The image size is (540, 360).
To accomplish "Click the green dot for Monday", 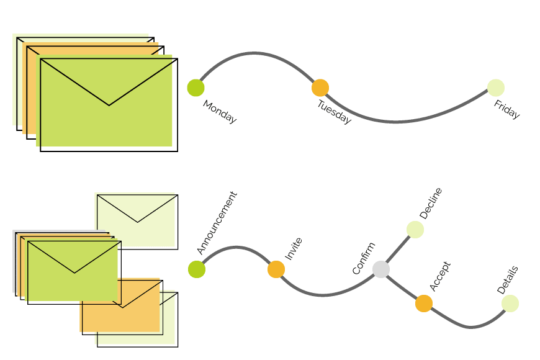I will tap(196, 88).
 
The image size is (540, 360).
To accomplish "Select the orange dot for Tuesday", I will tap(320, 88).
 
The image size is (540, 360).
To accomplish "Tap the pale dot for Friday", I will tap(496, 88).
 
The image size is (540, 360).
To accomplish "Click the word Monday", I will tap(220, 112).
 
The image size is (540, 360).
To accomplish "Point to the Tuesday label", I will tap(334, 112).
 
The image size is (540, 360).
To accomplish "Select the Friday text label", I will tap(506, 110).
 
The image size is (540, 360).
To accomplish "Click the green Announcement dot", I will tap(197, 269).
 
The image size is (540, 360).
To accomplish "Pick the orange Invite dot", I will tap(276, 269).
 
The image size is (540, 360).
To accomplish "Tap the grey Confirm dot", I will tap(381, 269).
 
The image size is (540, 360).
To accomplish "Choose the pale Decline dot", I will tap(415, 229).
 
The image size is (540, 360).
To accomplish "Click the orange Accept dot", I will tap(424, 303).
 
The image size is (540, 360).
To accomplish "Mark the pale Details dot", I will tap(510, 303).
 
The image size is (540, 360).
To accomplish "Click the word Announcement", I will tap(217, 223).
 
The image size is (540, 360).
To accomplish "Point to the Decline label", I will tap(431, 203).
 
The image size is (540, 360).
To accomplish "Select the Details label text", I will tap(508, 280).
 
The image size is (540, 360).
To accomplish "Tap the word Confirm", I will tap(364, 258).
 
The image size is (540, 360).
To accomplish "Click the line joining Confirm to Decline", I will tap(398, 250).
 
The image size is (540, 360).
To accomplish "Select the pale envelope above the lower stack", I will tap(137, 220).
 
